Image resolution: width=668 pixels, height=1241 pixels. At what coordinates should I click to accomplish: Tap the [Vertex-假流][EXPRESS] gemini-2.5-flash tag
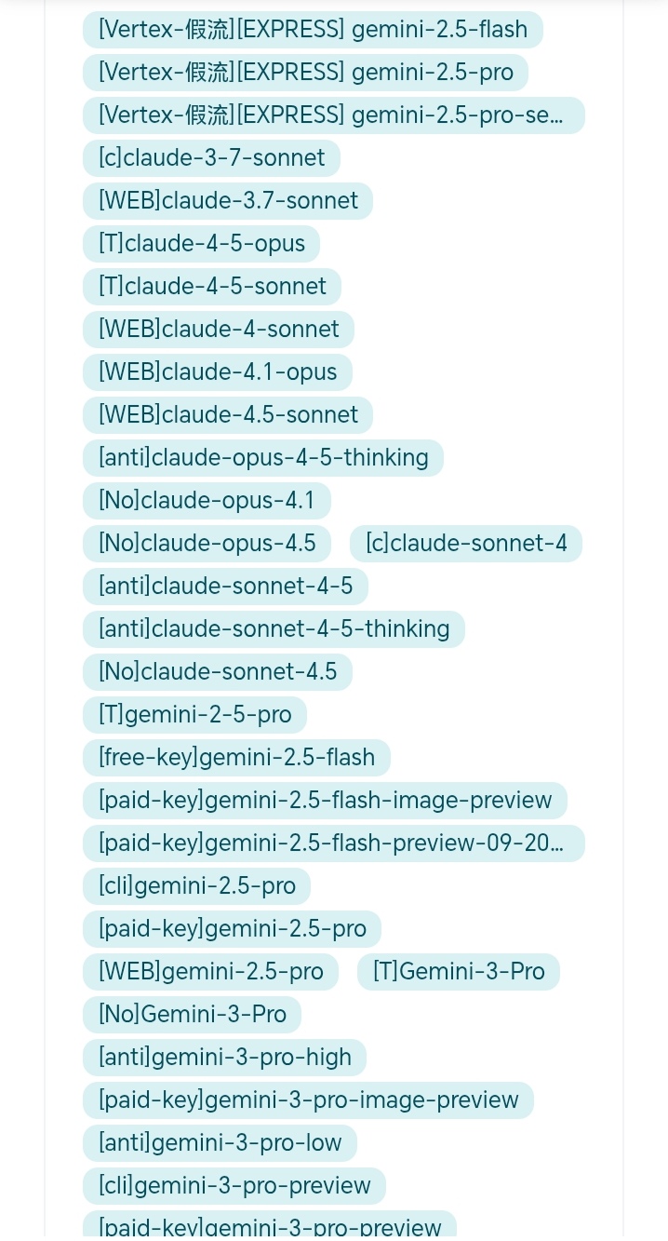coord(313,30)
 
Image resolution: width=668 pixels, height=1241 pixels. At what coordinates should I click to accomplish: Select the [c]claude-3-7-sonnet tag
coord(211,158)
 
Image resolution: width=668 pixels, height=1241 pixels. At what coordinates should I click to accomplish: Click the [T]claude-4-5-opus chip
coord(201,244)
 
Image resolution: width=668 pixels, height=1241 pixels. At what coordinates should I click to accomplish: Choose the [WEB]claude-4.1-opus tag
coord(218,372)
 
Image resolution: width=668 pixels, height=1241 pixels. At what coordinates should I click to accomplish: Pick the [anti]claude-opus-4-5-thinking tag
coord(263,458)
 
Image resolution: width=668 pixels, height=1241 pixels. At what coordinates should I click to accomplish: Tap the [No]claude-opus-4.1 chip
coord(207,501)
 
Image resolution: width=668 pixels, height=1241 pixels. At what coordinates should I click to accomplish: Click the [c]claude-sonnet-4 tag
coord(466,544)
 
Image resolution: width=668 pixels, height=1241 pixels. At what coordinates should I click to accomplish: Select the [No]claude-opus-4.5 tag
coord(207,544)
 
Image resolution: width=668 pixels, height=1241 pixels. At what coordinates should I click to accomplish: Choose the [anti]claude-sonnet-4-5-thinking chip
coord(274,629)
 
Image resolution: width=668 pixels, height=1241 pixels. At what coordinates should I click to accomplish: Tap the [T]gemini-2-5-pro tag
coord(194,715)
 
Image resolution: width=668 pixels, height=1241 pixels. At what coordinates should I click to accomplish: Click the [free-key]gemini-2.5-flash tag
coord(236,758)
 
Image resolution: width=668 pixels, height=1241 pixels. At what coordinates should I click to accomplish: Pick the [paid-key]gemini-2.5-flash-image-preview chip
coord(325,801)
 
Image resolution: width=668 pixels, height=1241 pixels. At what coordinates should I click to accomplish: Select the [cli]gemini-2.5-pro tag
coord(196,886)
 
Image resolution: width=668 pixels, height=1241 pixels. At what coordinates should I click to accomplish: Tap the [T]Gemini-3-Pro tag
coord(459,972)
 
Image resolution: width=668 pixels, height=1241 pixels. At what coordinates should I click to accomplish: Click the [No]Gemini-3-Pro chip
coord(192,1015)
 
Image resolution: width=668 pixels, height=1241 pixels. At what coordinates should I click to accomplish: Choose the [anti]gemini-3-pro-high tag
coord(224,1058)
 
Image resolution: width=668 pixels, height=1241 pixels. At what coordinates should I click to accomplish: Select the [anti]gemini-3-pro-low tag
coord(220,1143)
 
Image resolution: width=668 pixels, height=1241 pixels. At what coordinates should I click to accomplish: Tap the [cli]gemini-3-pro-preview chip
coord(234,1186)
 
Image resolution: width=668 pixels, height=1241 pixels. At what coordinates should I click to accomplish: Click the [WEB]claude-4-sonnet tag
coord(219,330)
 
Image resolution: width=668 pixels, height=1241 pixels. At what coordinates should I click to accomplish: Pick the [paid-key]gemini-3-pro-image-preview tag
coord(308,1100)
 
